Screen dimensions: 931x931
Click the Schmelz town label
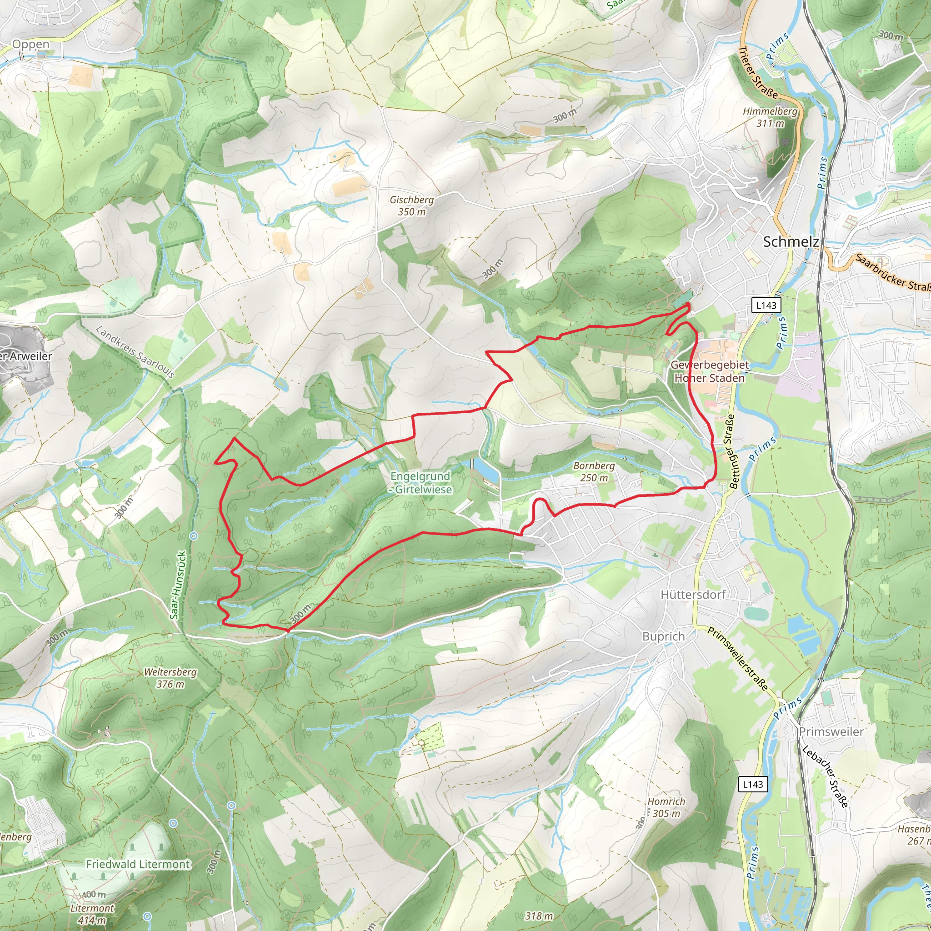pyautogui.click(x=790, y=241)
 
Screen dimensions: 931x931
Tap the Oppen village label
pyautogui.click(x=30, y=45)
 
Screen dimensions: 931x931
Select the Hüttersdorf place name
pyautogui.click(x=693, y=594)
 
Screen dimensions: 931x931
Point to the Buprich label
pyautogui.click(x=663, y=636)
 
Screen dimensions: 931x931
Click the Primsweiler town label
pyautogui.click(x=831, y=731)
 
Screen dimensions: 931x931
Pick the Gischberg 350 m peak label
pyautogui.click(x=411, y=205)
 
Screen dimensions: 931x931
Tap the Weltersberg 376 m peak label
pyautogui.click(x=170, y=677)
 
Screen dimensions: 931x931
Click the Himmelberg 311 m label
pyautogui.click(x=770, y=117)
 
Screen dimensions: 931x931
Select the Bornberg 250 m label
pyautogui.click(x=594, y=471)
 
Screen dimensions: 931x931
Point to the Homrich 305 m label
pyautogui.click(x=666, y=807)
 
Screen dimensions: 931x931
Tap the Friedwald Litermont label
pyautogui.click(x=138, y=864)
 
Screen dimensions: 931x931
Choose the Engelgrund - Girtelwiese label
pyautogui.click(x=420, y=482)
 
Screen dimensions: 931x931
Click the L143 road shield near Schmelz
pyautogui.click(x=766, y=305)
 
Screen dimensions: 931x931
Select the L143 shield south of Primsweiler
pyautogui.click(x=753, y=784)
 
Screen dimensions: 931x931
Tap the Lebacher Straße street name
pyautogui.click(x=825, y=776)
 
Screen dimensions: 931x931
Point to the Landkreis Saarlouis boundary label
pyautogui.click(x=135, y=352)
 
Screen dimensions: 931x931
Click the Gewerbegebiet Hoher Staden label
pyautogui.click(x=709, y=371)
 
